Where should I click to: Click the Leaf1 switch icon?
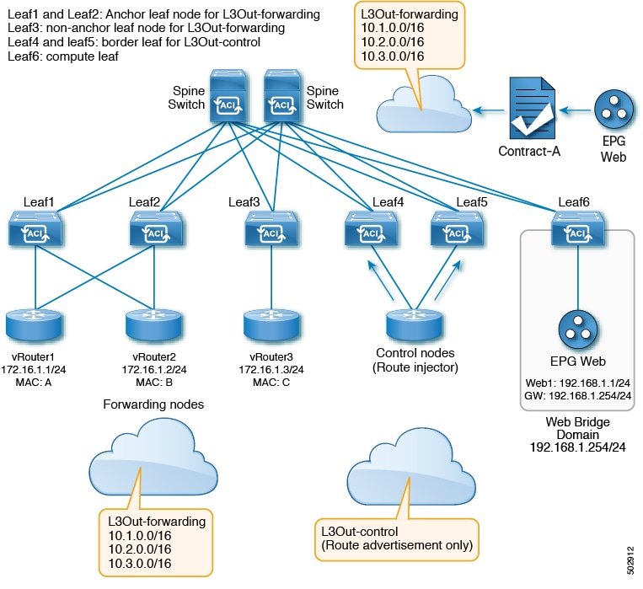pos(35,228)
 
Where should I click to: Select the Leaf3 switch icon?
pos(271,228)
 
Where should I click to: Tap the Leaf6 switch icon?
pos(578,228)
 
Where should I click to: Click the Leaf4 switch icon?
pos(371,228)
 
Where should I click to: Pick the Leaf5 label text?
pos(472,201)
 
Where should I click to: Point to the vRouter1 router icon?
pos(34,325)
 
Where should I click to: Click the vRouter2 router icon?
pos(153,325)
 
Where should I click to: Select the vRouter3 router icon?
pos(271,325)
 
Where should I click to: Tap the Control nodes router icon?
pos(414,325)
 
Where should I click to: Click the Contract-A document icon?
pos(533,109)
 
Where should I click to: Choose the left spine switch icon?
pos(228,96)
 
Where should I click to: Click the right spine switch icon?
pos(282,96)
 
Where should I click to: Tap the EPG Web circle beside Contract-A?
pos(614,110)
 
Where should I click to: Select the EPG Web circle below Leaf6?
pos(578,329)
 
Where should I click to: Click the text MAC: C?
pos(271,383)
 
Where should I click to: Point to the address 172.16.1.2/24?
pos(153,370)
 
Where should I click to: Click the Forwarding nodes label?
pos(153,404)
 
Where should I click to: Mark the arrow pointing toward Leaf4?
pos(381,280)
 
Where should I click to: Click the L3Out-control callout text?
pos(397,538)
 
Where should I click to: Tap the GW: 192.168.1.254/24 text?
pos(577,396)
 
